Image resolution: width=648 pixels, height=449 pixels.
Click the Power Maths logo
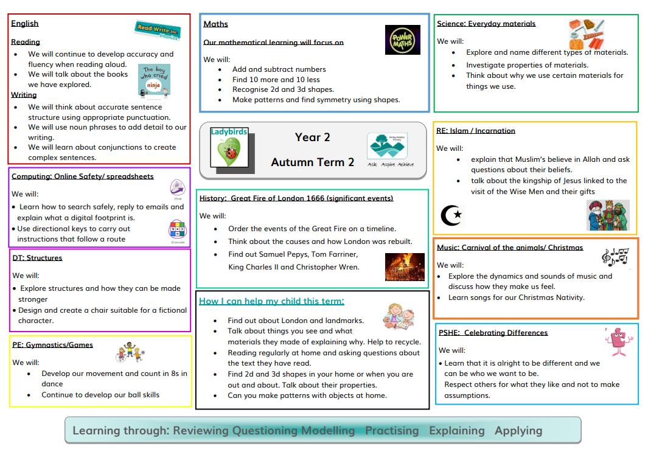point(402,40)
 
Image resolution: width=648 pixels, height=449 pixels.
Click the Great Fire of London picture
point(405,266)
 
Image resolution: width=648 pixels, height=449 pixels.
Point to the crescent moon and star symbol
point(451,215)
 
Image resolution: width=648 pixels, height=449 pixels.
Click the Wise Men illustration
point(608,215)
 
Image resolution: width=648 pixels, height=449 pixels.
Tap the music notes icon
point(615,256)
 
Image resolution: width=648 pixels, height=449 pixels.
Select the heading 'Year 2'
point(312,137)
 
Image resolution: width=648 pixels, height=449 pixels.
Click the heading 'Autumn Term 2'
point(312,162)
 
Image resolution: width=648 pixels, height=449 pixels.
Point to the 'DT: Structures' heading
point(37,258)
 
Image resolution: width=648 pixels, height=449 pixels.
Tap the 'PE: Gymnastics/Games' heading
point(52,345)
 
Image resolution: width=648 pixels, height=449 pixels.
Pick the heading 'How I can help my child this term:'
point(271,301)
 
